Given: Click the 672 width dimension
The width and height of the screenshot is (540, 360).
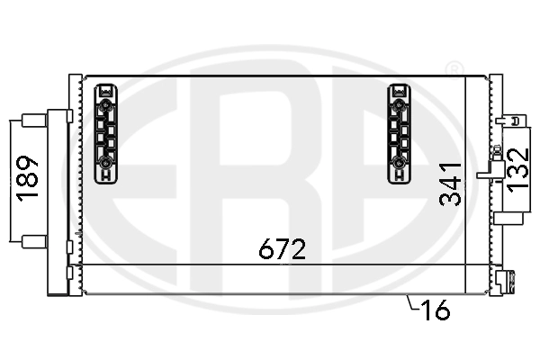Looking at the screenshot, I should click(x=283, y=249).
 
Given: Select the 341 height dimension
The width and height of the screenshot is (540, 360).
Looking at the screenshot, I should click(x=451, y=184).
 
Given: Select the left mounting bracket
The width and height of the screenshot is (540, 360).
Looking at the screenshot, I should click(x=106, y=133).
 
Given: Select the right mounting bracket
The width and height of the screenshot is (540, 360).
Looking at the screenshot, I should click(x=399, y=133).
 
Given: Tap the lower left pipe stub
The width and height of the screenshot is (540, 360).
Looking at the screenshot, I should click(x=34, y=240).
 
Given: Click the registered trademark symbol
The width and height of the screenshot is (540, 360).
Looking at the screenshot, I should click(x=455, y=69).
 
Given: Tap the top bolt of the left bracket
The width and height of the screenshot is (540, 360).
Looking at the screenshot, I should click(x=106, y=106).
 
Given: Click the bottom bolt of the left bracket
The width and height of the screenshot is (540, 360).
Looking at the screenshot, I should click(x=106, y=163).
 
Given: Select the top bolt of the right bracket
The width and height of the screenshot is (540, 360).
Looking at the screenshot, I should click(x=399, y=106).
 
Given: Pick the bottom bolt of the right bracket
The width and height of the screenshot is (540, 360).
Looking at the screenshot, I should click(x=399, y=163).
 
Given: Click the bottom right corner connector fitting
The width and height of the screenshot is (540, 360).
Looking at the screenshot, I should click(x=502, y=283).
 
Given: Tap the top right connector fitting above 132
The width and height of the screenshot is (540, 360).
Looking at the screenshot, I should click(x=512, y=120).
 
